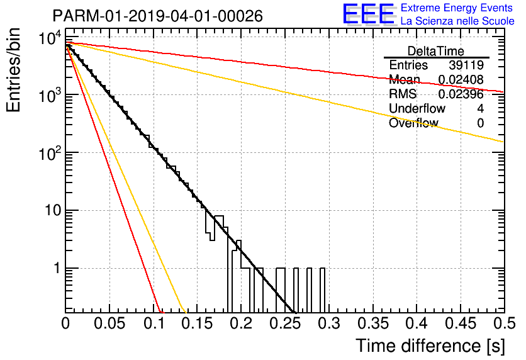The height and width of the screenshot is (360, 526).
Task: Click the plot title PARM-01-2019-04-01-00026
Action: point(158,16)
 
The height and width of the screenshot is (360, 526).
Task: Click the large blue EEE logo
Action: point(369,14)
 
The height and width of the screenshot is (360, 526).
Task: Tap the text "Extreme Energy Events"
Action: point(457,8)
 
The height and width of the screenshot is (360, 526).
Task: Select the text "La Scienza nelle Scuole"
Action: point(457,21)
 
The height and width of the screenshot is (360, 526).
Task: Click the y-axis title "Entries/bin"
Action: point(13,70)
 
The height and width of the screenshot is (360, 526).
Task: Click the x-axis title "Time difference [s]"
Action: point(430,346)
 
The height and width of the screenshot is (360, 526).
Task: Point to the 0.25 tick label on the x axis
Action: point(285,323)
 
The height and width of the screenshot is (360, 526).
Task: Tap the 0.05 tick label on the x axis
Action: point(109,323)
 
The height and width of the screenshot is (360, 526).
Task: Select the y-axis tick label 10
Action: point(53,210)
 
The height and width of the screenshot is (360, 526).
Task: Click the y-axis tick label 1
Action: point(57,268)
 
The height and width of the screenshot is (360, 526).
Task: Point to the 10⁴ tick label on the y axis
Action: point(50,38)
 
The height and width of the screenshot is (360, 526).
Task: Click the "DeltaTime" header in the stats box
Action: point(436,51)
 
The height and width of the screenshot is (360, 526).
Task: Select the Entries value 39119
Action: point(466,65)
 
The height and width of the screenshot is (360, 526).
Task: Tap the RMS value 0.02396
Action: point(461,94)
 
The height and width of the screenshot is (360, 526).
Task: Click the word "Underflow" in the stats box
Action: point(417,108)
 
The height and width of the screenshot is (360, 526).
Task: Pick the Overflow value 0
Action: point(480,123)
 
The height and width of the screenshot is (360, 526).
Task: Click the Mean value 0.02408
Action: point(461,79)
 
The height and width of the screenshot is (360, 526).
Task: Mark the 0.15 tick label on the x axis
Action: point(198,323)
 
